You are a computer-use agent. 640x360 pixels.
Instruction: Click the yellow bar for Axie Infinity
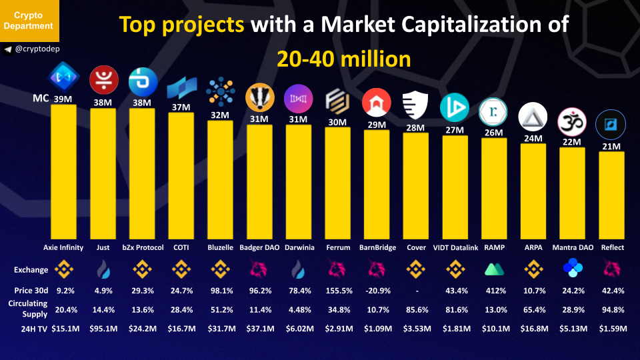click(63, 170)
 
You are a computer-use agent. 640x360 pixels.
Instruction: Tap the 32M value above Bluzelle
click(220, 115)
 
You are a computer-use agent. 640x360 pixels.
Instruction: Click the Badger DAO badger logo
click(259, 98)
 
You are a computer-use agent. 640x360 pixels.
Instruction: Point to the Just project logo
click(103, 80)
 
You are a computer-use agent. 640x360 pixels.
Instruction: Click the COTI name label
click(181, 247)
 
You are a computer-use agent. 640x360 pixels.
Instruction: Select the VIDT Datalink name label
click(455, 247)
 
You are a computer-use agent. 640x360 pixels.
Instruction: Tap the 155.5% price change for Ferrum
click(338, 291)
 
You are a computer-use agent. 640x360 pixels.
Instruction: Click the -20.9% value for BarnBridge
click(377, 291)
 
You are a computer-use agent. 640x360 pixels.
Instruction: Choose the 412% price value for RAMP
click(494, 291)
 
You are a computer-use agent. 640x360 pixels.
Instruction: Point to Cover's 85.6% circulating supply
click(416, 309)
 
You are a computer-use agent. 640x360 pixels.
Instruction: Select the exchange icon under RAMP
click(494, 269)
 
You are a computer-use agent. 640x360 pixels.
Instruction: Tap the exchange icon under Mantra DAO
click(572, 269)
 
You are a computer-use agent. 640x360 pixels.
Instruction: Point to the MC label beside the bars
click(41, 99)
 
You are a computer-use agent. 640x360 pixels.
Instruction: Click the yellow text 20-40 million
click(344, 59)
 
